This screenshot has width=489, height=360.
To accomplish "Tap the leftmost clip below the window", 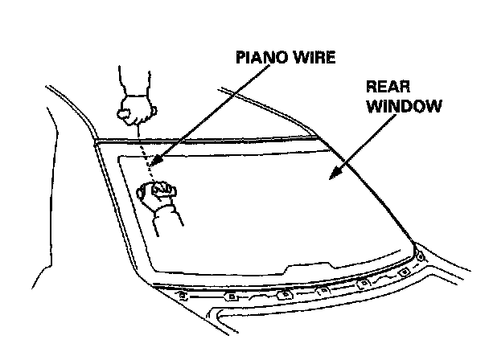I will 184,295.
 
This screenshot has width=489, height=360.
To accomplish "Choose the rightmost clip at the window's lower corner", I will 419,258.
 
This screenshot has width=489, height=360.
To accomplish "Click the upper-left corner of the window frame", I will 96,143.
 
